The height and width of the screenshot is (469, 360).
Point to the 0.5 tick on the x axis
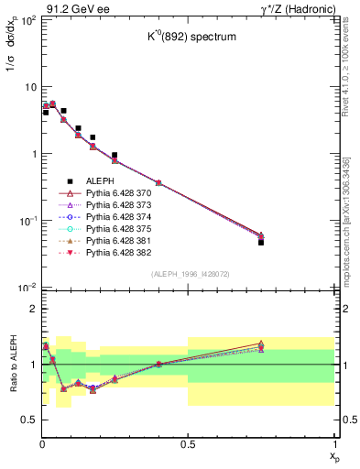pos(188,443)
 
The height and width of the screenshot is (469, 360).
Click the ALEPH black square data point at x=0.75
pos(261,243)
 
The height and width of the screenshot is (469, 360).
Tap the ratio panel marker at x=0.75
pos(261,345)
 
